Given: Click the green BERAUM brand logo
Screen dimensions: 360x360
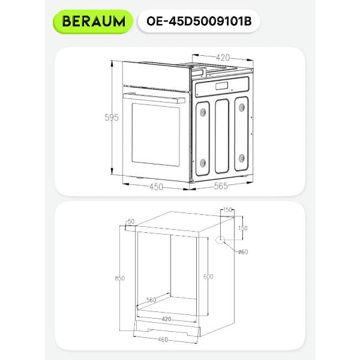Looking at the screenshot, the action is click(x=93, y=22).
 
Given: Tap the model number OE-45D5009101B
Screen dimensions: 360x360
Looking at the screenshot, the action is click(x=199, y=22).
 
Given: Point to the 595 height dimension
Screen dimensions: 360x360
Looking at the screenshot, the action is click(x=112, y=118).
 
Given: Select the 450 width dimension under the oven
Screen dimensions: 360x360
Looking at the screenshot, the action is click(x=156, y=187).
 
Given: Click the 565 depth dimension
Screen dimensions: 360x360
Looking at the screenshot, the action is click(x=221, y=186).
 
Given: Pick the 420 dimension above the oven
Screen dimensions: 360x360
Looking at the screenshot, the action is click(x=223, y=58).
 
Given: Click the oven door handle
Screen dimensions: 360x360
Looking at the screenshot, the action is click(x=154, y=98).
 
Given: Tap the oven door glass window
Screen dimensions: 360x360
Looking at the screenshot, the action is click(x=155, y=134).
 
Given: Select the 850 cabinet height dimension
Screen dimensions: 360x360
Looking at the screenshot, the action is click(x=119, y=278).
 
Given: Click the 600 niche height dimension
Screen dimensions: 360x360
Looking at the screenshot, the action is click(x=208, y=277).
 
